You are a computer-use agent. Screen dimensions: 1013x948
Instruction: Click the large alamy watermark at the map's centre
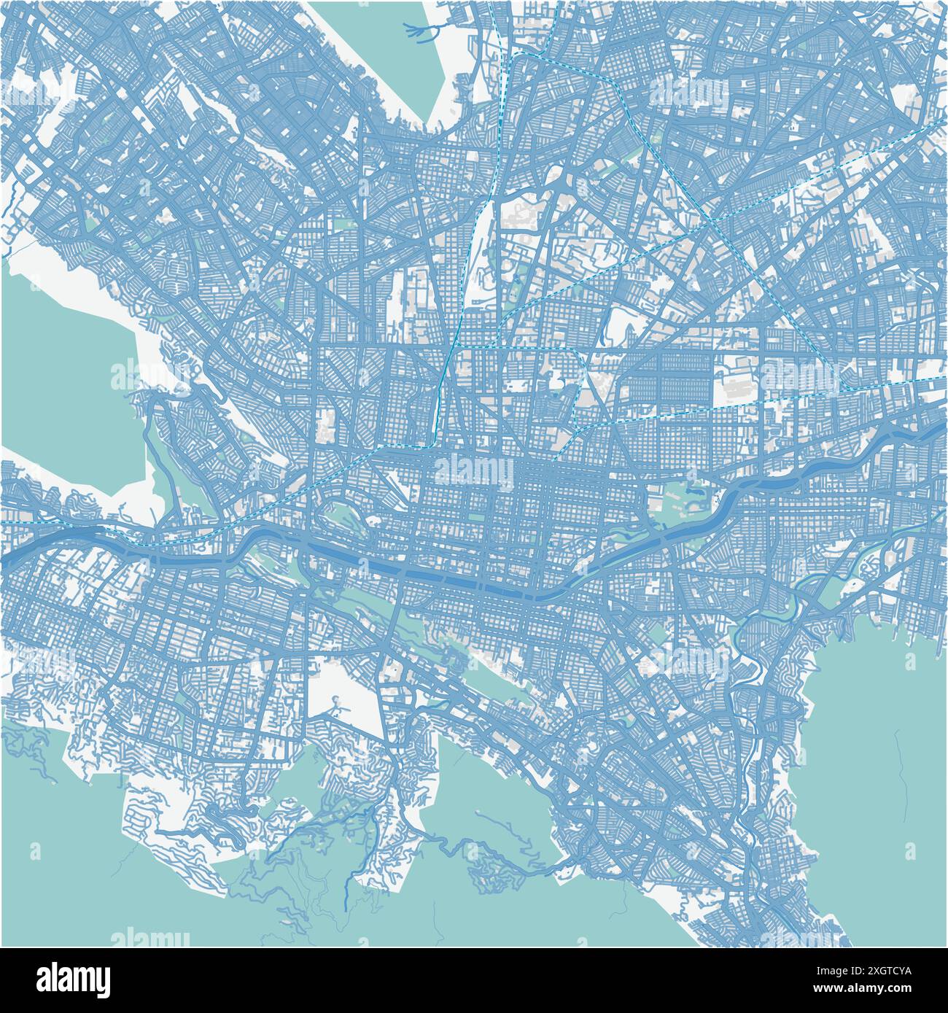[x=474, y=470]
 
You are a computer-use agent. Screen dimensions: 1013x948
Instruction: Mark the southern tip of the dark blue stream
[x=345, y=909]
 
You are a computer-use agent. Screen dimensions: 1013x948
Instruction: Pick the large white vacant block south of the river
[x=343, y=693]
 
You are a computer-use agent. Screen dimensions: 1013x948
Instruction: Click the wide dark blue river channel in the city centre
[x=452, y=580]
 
